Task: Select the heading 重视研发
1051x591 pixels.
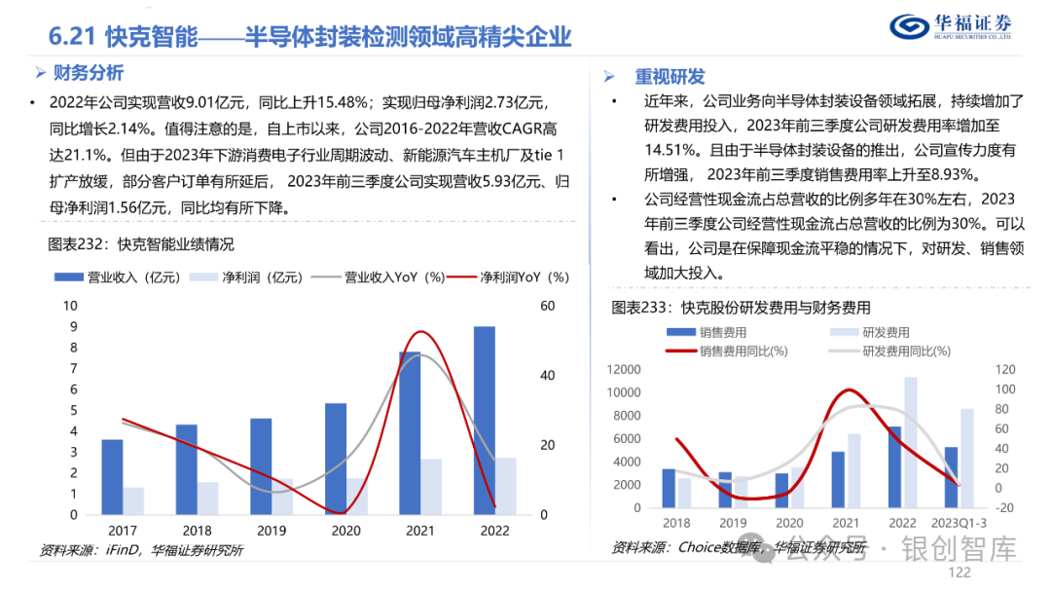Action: pyautogui.click(x=670, y=76)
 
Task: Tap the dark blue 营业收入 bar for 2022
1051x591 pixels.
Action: pyautogui.click(x=484, y=421)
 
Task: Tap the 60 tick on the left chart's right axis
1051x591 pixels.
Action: pyautogui.click(x=547, y=306)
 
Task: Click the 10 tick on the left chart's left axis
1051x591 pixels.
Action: pyautogui.click(x=69, y=306)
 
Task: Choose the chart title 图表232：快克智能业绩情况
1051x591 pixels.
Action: pyautogui.click(x=141, y=243)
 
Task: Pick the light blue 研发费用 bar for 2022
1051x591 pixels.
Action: pyautogui.click(x=911, y=442)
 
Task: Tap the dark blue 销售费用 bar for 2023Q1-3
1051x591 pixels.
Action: pyautogui.click(x=951, y=477)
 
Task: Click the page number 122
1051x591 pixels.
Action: pyautogui.click(x=960, y=574)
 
